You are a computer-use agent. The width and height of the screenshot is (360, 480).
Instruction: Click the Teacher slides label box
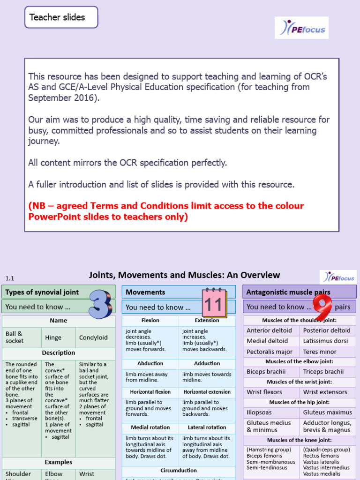tap(61, 17)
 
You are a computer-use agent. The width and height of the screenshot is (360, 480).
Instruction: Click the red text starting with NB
tap(166, 211)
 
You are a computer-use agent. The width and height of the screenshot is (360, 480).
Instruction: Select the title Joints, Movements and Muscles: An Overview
tap(184, 275)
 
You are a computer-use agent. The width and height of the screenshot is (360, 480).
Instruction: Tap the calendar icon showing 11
tap(213, 304)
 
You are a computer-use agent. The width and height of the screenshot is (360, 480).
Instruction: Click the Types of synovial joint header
tap(42, 292)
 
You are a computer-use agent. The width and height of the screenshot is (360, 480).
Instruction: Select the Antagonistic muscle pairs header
tap(288, 292)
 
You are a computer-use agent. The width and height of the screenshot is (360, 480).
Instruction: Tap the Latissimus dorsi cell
tap(328, 341)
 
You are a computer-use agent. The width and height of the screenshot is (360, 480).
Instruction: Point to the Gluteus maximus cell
tap(327, 412)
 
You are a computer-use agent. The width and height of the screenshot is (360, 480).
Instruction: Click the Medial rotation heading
tap(150, 427)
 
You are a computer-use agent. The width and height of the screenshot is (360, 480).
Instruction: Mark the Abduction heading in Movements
tap(150, 363)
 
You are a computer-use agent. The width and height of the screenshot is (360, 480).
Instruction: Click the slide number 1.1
tap(10, 278)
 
